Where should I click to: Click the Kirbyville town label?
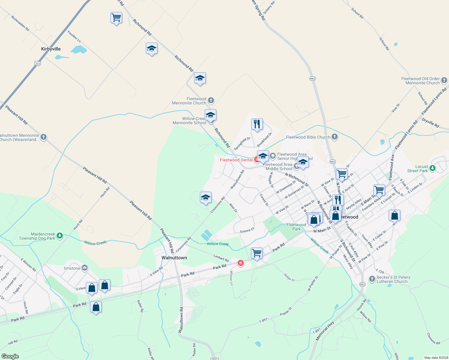click(51, 49)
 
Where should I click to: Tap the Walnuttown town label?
click(174, 258)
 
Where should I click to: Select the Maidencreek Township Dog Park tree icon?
click(60, 236)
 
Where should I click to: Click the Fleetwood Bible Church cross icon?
click(335, 137)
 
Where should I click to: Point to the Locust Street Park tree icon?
click(432, 168)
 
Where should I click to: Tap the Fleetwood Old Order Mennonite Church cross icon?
click(444, 80)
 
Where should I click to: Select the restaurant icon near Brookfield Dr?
click(257, 124)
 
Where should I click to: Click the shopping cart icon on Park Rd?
click(257, 253)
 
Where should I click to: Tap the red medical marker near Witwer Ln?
click(240, 263)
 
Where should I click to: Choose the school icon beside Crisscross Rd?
click(206, 197)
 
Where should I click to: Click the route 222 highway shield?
click(38, 63)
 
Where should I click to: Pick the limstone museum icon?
click(85, 268)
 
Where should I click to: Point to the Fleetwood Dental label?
click(236, 160)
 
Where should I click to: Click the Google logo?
click(10, 356)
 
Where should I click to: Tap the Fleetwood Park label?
click(296, 227)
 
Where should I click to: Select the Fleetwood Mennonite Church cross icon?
click(211, 100)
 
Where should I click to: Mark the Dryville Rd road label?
click(430, 123)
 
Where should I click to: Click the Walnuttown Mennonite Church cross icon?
click(44, 137)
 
